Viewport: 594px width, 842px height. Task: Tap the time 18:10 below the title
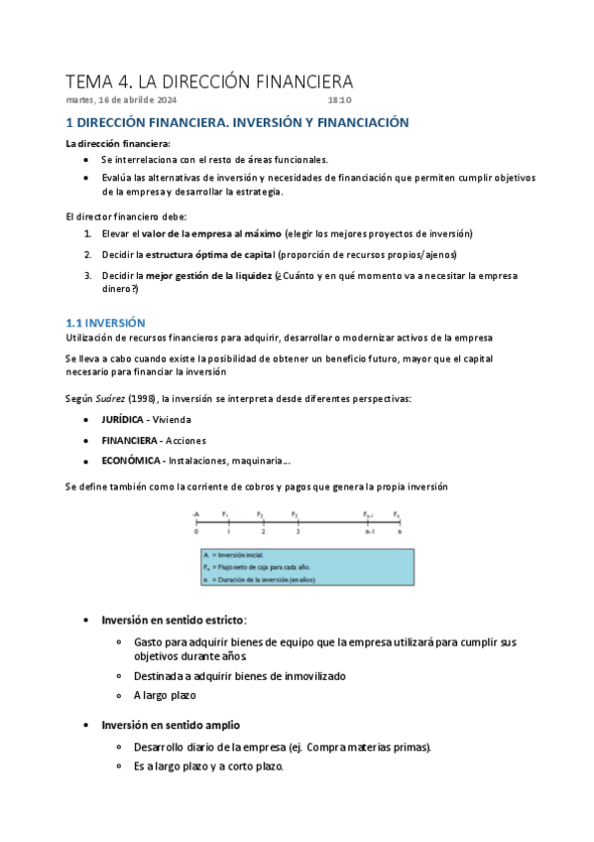click(x=339, y=100)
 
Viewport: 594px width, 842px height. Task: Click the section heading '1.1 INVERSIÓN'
click(x=105, y=323)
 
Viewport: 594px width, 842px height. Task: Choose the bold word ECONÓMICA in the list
click(x=132, y=460)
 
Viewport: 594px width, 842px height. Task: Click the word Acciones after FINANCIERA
click(x=186, y=440)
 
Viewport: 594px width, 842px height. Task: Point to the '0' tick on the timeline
click(x=196, y=532)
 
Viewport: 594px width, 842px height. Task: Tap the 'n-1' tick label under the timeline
click(x=368, y=532)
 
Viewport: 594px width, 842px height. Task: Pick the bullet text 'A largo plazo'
click(x=165, y=695)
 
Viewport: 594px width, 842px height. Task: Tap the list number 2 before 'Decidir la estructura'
click(x=87, y=255)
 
